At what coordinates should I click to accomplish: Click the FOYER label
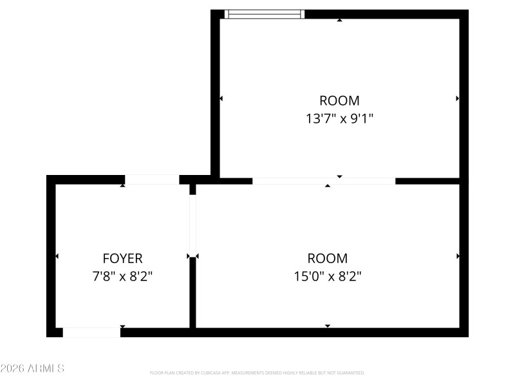pyautogui.click(x=122, y=259)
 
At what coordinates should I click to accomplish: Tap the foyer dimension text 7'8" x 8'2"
pyautogui.click(x=122, y=277)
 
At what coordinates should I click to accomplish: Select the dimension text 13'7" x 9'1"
pyautogui.click(x=339, y=118)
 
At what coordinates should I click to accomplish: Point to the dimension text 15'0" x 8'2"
pyautogui.click(x=327, y=277)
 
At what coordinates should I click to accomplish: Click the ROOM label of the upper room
pyautogui.click(x=339, y=101)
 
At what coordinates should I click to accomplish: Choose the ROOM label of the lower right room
pyautogui.click(x=327, y=259)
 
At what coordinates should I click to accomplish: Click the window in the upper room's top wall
pyautogui.click(x=265, y=14)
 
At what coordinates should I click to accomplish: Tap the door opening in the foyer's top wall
pyautogui.click(x=152, y=179)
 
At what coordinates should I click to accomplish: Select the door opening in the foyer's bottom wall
pyautogui.click(x=91, y=333)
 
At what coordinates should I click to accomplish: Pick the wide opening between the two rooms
pyautogui.click(x=324, y=181)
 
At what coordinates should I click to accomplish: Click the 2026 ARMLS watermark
pyautogui.click(x=32, y=369)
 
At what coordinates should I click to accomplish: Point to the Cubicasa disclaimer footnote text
pyautogui.click(x=257, y=372)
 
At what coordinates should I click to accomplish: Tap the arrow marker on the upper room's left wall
pyautogui.click(x=221, y=98)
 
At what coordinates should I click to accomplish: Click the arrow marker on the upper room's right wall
pyautogui.click(x=458, y=98)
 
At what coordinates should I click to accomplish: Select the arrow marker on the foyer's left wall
pyautogui.click(x=57, y=256)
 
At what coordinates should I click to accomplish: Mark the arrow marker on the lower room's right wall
pyautogui.click(x=458, y=256)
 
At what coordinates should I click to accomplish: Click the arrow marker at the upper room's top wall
pyautogui.click(x=339, y=20)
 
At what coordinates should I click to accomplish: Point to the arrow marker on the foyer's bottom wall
pyautogui.click(x=122, y=327)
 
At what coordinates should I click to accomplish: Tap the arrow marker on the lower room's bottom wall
pyautogui.click(x=327, y=327)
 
